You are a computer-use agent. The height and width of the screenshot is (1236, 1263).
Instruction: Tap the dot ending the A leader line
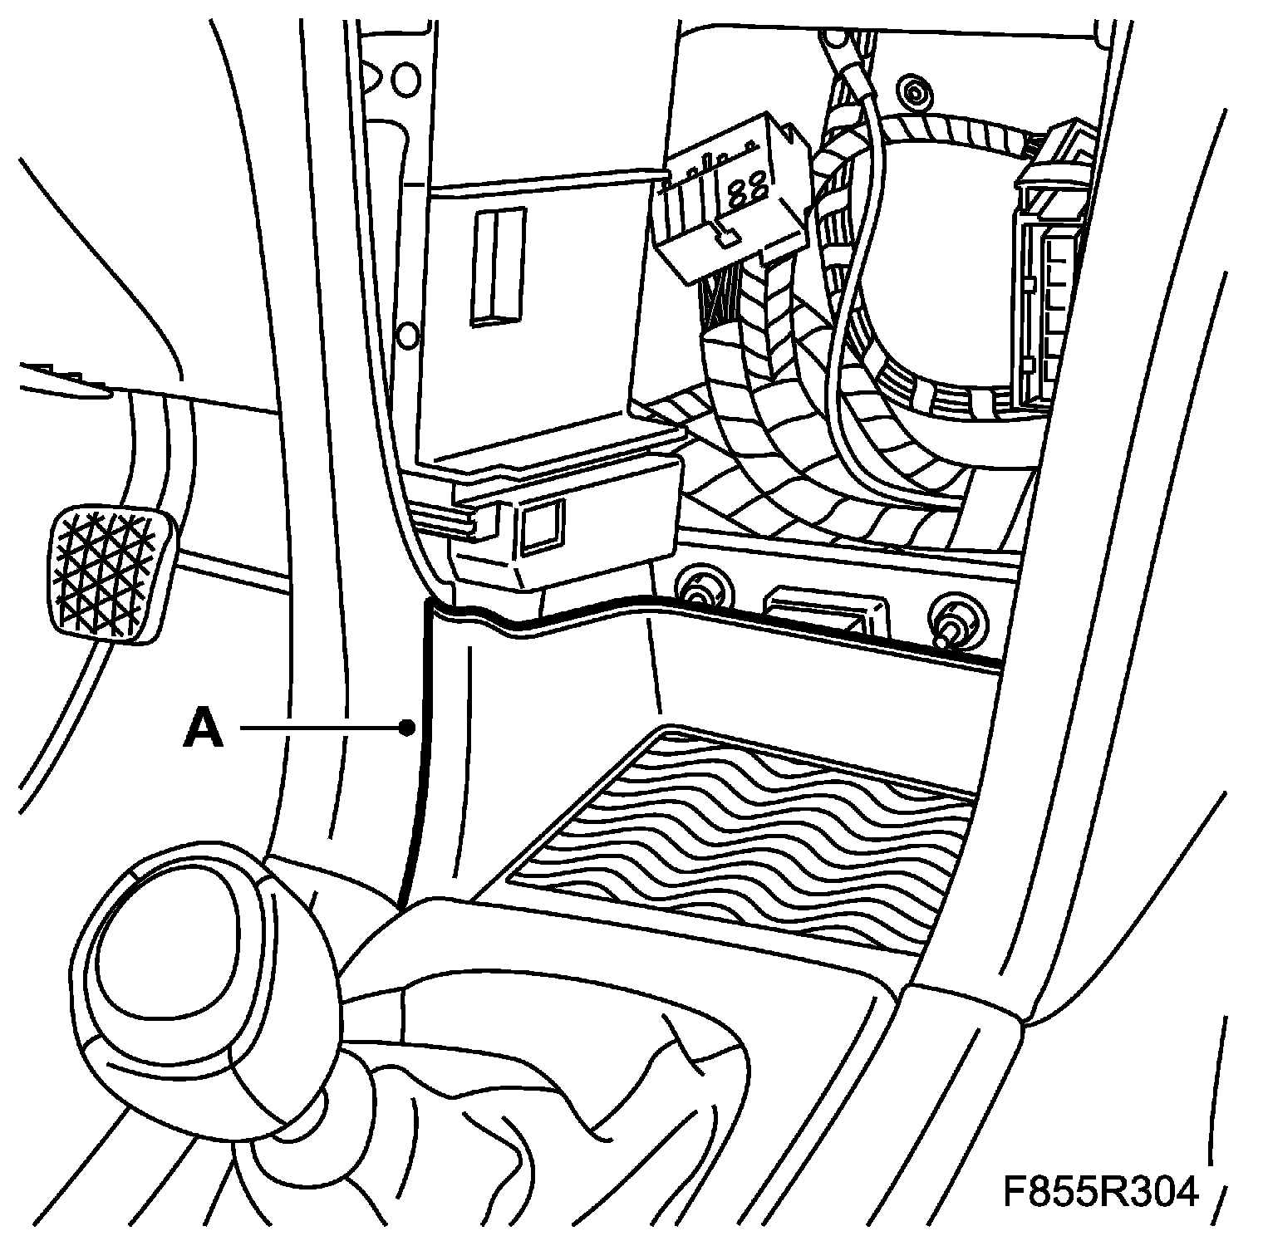pyautogui.click(x=406, y=728)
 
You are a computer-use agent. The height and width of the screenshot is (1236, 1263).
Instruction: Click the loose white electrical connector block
pyautogui.click(x=731, y=199)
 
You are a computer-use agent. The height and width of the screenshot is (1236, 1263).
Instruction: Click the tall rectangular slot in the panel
pyautogui.click(x=497, y=266)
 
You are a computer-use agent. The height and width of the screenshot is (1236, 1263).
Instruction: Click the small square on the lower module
pyautogui.click(x=541, y=525)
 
